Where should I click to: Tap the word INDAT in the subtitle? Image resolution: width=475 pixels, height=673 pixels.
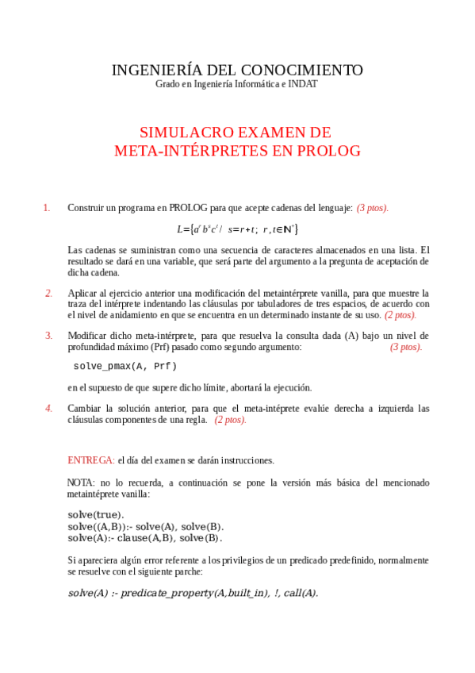pyautogui.click(x=301, y=84)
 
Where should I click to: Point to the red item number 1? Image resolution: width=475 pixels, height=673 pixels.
pyautogui.click(x=47, y=208)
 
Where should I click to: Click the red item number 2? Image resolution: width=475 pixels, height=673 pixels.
pyautogui.click(x=48, y=293)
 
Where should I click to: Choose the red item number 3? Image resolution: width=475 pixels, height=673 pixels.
pyautogui.click(x=48, y=335)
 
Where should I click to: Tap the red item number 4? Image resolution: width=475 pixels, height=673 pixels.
pyautogui.click(x=48, y=408)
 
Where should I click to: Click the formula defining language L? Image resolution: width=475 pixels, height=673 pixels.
pyautogui.click(x=237, y=229)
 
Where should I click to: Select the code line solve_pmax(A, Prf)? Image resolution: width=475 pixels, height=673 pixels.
pyautogui.click(x=124, y=367)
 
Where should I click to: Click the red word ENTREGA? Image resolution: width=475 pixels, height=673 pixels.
pyautogui.click(x=90, y=460)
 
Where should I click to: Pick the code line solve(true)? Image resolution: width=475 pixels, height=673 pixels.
pyautogui.click(x=96, y=514)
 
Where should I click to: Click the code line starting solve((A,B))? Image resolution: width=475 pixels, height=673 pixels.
pyautogui.click(x=146, y=526)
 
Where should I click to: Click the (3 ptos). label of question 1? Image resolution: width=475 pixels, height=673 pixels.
pyautogui.click(x=373, y=208)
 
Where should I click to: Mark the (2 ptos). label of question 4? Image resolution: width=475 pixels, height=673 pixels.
pyautogui.click(x=230, y=420)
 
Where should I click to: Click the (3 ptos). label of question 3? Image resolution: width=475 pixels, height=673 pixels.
pyautogui.click(x=406, y=347)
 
